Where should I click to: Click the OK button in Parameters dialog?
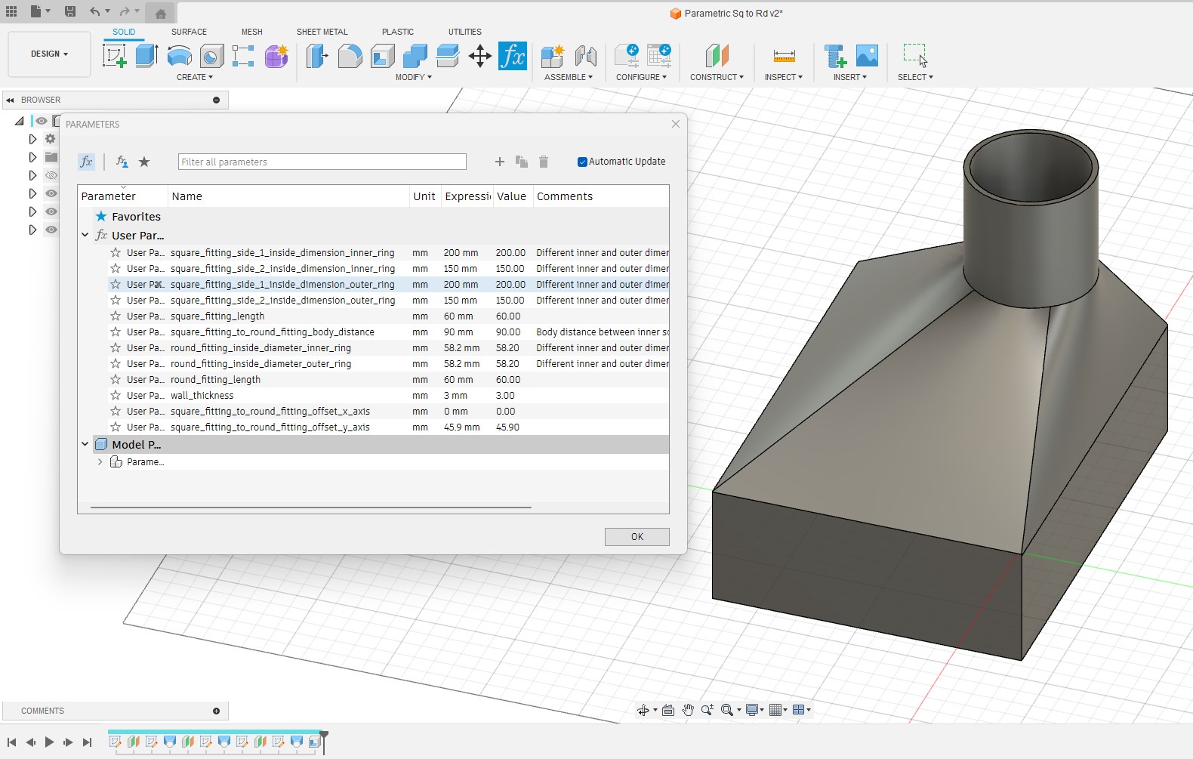[x=637, y=537]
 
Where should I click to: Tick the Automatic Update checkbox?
[x=582, y=162]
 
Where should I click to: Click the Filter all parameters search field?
[x=322, y=162]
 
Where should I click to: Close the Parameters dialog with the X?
[x=676, y=124]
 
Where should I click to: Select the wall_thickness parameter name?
[x=202, y=396]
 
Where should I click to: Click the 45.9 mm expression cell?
[x=461, y=427]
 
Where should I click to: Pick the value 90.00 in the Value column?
[x=508, y=332]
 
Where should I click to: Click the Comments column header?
[x=565, y=196]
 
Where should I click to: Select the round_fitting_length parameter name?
[x=215, y=380]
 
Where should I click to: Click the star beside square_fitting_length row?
[x=116, y=316]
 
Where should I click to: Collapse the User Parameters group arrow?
[x=85, y=236]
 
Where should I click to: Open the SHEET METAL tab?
[x=322, y=32]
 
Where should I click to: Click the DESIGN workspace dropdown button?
[x=49, y=54]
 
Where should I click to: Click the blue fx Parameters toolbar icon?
[x=512, y=56]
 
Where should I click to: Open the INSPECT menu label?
[x=783, y=77]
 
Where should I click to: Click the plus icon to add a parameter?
[x=499, y=162]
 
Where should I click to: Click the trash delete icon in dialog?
[x=544, y=162]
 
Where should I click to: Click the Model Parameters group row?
[x=137, y=445]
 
